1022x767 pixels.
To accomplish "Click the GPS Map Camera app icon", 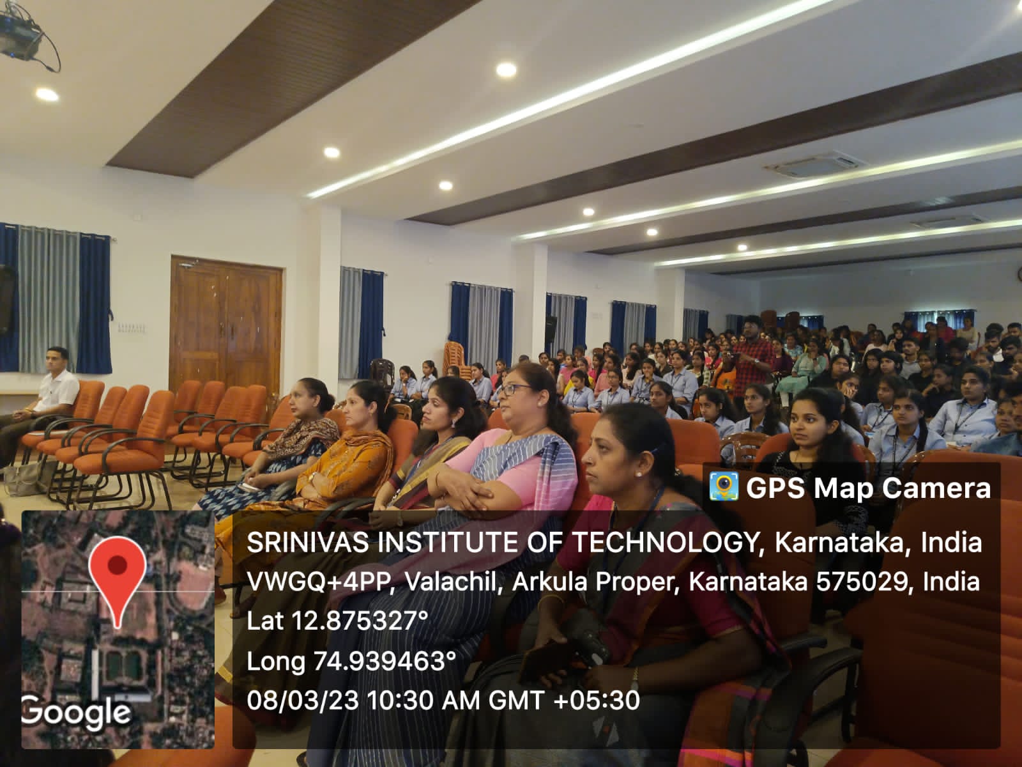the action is (724, 487).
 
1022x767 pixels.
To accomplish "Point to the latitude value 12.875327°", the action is (360, 621).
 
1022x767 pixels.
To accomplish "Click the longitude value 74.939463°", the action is (385, 661).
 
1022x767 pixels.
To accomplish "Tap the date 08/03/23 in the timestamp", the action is (303, 701).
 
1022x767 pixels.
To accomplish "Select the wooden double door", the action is (226, 326).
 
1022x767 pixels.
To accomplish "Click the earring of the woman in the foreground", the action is (638, 474).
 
